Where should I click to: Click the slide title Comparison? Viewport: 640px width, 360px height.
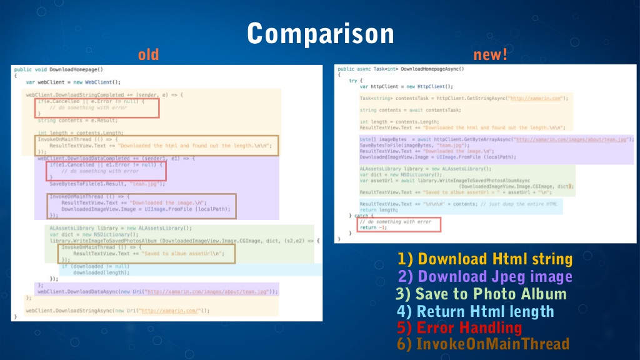coord(320,32)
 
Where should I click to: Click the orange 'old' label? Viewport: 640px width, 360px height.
coord(149,55)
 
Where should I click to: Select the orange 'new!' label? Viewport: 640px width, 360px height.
coord(491,55)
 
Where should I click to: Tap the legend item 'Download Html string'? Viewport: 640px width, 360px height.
coord(485,259)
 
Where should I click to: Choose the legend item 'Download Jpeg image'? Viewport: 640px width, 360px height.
coord(485,276)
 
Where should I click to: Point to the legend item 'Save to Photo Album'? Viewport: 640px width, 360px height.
coord(481,294)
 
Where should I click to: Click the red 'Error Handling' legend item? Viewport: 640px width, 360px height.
coord(459,327)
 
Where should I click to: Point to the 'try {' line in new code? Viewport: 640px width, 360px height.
coord(354,81)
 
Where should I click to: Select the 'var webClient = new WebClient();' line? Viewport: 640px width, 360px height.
coord(73,82)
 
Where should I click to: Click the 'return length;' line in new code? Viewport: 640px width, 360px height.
coord(376,210)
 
